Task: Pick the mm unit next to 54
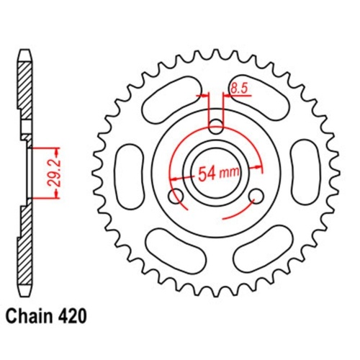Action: point(233,174)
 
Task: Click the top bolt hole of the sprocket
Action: point(215,128)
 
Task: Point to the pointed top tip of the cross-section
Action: point(25,52)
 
